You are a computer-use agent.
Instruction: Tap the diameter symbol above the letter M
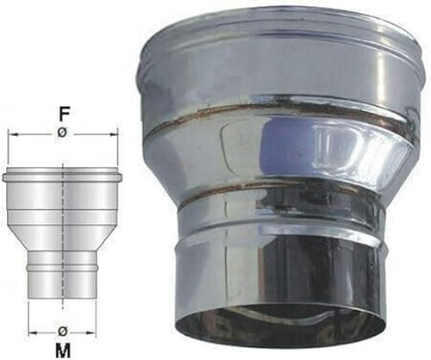click(63, 330)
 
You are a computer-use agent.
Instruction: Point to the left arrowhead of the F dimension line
click(11, 135)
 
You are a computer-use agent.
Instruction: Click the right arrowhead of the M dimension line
click(94, 330)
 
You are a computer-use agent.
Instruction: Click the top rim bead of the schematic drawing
click(63, 177)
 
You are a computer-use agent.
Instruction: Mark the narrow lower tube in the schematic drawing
click(63, 284)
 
